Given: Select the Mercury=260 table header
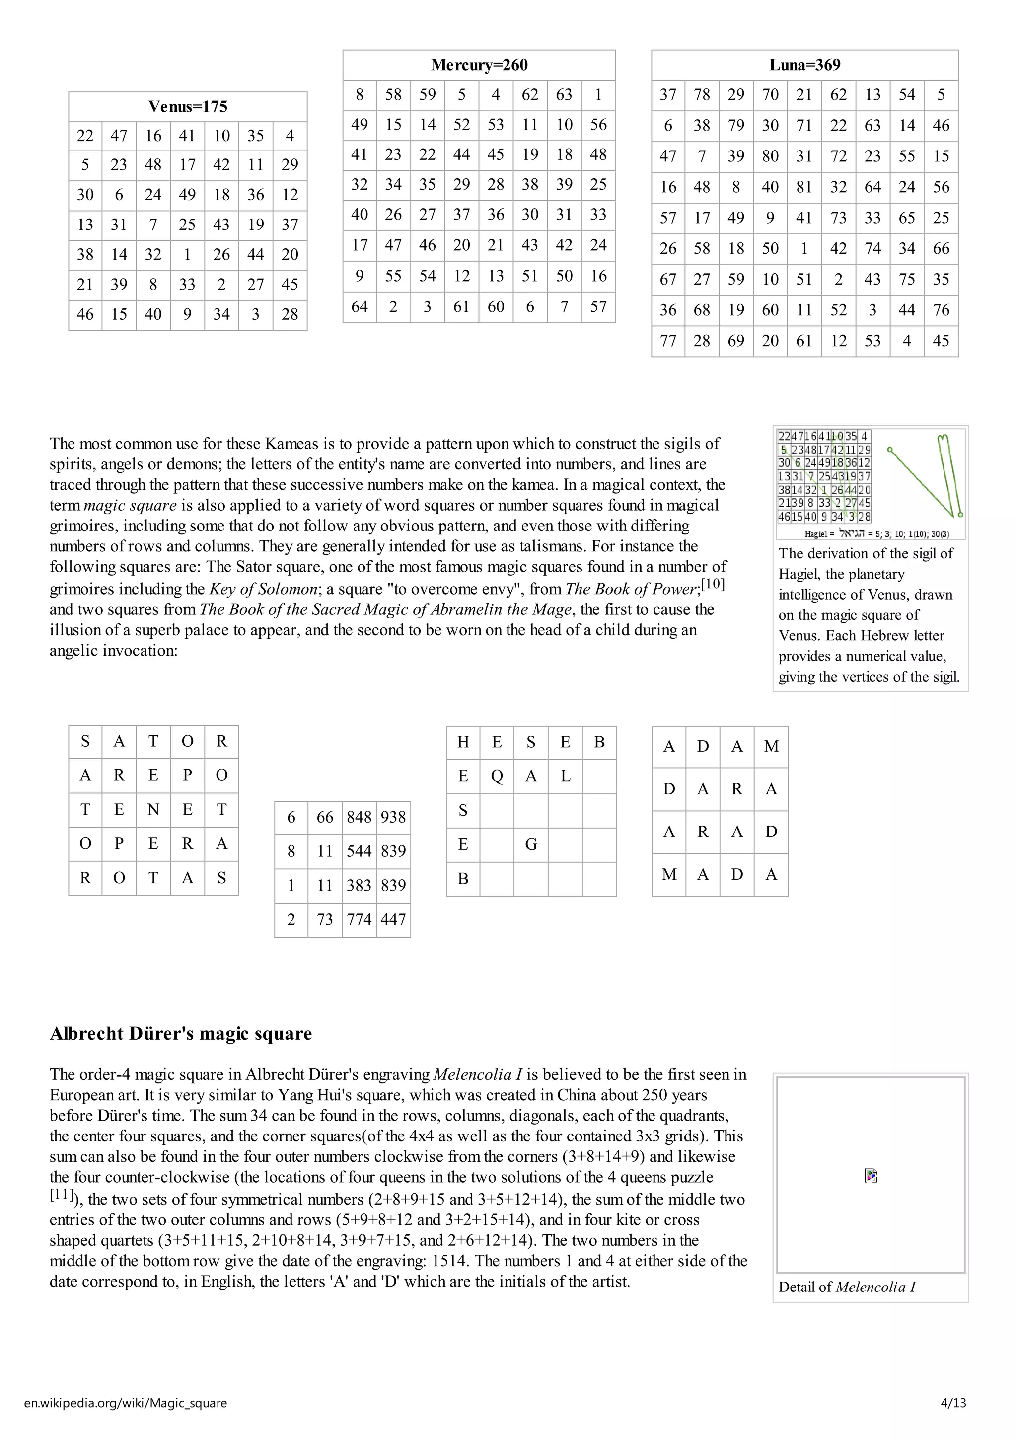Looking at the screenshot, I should (479, 65).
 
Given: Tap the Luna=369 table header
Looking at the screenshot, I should (804, 65).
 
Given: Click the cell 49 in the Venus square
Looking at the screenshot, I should (187, 194).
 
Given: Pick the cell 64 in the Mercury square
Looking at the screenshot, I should (359, 306).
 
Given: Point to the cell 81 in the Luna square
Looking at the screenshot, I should (804, 187).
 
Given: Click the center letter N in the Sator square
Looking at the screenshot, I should (153, 809).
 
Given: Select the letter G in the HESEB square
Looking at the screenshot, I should (531, 844).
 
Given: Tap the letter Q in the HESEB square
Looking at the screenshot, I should (497, 776).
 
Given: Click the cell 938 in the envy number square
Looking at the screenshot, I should (393, 817).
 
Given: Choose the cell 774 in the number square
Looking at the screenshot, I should (359, 919).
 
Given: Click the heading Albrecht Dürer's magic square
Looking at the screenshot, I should (180, 1034).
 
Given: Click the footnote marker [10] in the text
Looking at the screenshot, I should (713, 584).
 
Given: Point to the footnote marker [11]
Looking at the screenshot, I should (62, 1194).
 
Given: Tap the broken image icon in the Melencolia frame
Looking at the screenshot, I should (871, 1176).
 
